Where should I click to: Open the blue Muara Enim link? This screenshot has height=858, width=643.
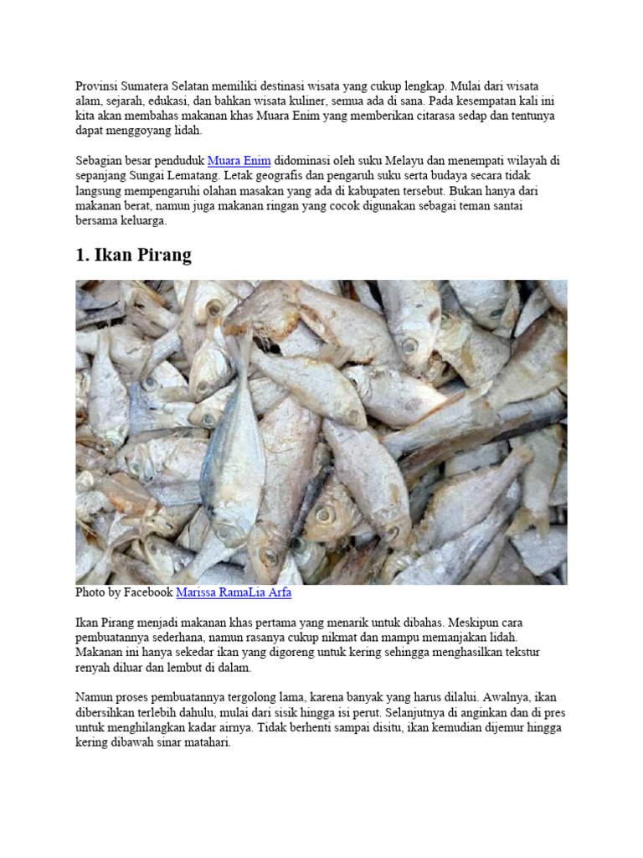(x=239, y=160)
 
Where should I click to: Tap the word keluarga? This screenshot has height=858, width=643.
(x=142, y=221)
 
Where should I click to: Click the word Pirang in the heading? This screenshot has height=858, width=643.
(x=160, y=256)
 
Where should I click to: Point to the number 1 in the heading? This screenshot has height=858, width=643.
(x=81, y=256)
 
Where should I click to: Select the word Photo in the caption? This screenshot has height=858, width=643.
(x=90, y=592)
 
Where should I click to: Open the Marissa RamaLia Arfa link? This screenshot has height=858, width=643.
(x=234, y=592)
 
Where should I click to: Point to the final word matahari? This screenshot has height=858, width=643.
(x=207, y=743)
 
